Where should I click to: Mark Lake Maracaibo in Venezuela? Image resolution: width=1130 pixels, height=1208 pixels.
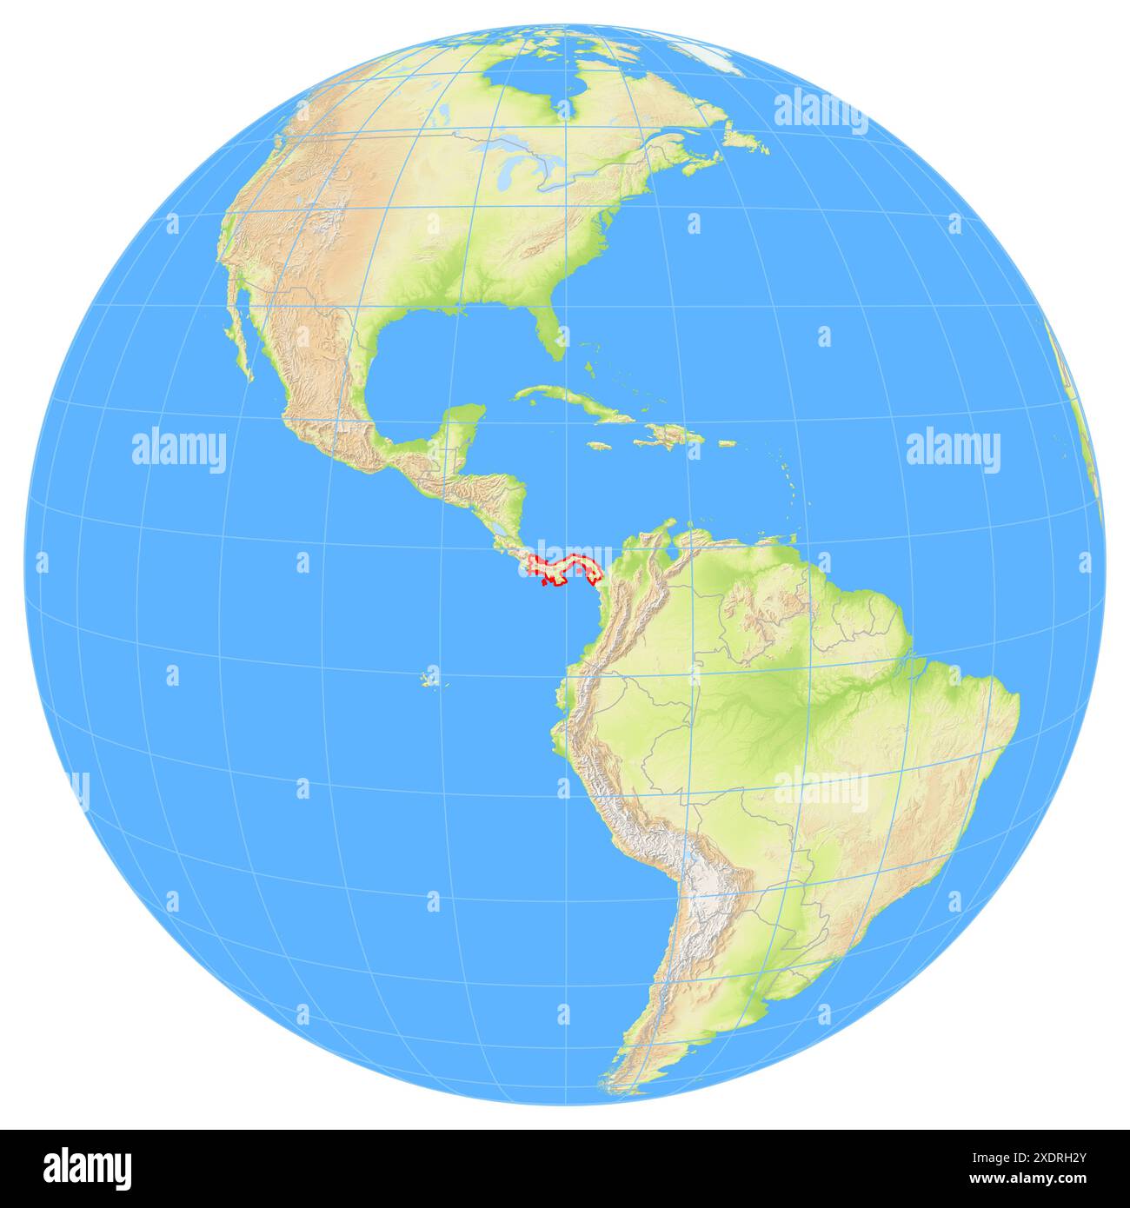tap(648, 547)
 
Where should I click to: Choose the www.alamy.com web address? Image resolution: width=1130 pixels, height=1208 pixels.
tap(1039, 1178)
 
